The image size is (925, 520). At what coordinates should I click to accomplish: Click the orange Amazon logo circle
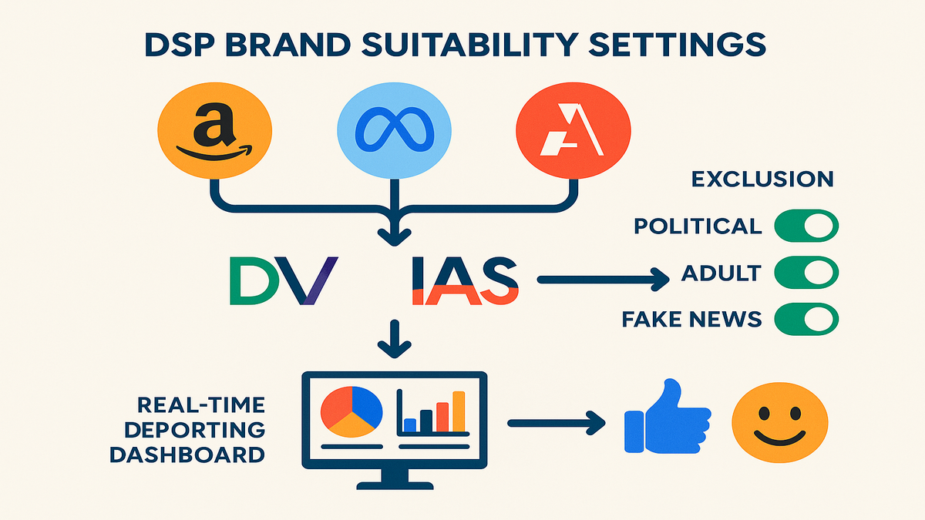pos(215,130)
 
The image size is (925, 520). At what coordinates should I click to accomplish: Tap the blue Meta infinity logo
pos(395,130)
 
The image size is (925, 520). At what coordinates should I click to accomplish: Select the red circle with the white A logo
pos(573,130)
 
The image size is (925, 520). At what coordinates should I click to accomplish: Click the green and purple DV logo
pos(284,280)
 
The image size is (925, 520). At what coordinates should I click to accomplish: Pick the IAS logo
pos(466,280)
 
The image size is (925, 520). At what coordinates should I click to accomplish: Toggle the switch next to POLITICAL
pos(806,226)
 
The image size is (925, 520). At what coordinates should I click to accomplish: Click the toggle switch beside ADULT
pos(806,273)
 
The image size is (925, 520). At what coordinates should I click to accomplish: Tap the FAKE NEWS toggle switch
pos(806,319)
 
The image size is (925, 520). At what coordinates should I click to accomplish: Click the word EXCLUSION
pos(762,179)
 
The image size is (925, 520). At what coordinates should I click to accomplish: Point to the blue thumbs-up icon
pos(668,416)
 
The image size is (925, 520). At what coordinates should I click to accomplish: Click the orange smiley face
pos(779,422)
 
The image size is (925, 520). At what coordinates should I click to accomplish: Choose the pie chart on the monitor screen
pos(351,411)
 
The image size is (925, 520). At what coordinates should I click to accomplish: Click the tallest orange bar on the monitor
pos(459,411)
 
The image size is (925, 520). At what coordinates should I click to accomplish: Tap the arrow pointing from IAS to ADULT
pos(603,280)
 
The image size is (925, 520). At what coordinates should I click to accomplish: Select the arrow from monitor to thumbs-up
pos(557,423)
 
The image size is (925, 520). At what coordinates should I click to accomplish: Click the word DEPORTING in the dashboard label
pos(195,430)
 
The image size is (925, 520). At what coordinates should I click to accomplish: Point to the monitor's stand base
pos(395,485)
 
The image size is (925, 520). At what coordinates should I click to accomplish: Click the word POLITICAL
pos(698,226)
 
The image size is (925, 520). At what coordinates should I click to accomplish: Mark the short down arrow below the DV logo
pos(395,338)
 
